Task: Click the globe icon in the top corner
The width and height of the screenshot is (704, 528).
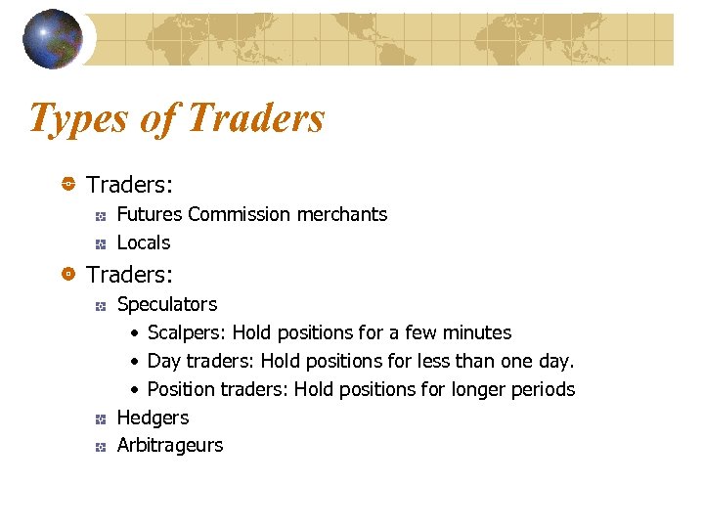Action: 52,39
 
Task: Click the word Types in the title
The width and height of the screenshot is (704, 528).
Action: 76,118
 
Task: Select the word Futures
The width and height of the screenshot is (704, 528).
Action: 150,214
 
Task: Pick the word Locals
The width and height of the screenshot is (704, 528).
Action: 143,242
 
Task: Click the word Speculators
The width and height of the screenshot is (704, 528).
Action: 166,304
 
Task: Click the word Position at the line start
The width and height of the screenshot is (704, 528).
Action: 180,389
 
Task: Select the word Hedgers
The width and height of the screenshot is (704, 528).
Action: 153,418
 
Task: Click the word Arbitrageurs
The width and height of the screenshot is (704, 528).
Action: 169,445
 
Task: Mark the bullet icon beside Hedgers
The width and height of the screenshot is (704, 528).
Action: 100,418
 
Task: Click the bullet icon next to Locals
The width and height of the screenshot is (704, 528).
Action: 100,243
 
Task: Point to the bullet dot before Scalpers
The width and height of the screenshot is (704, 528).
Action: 135,333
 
